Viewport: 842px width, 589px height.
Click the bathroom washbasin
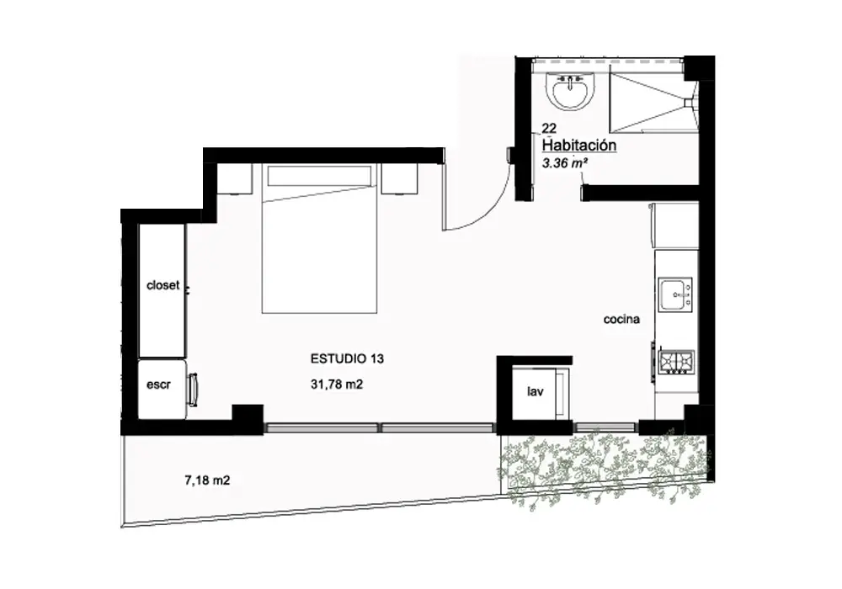point(570,91)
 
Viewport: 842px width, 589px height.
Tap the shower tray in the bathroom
point(653,102)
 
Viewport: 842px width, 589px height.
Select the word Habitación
point(579,145)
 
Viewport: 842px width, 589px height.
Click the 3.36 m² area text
point(564,162)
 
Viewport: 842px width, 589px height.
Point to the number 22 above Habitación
point(549,128)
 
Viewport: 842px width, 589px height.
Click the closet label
point(163,285)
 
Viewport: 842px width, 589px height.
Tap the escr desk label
point(158,385)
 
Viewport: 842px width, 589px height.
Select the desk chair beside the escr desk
point(192,390)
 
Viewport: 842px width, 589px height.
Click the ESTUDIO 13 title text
point(347,359)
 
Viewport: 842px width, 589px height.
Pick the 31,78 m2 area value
point(337,384)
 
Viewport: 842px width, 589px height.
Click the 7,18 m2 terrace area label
point(207,480)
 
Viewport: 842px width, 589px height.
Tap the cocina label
point(621,319)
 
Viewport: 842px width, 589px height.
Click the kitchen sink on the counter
point(675,294)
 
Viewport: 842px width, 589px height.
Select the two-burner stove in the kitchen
point(677,362)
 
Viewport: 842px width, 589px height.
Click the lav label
point(535,391)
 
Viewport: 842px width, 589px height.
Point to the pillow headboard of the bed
point(319,175)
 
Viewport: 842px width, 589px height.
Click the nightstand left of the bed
point(235,178)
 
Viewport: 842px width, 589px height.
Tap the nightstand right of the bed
point(399,178)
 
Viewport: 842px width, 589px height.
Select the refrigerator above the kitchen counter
point(675,226)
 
